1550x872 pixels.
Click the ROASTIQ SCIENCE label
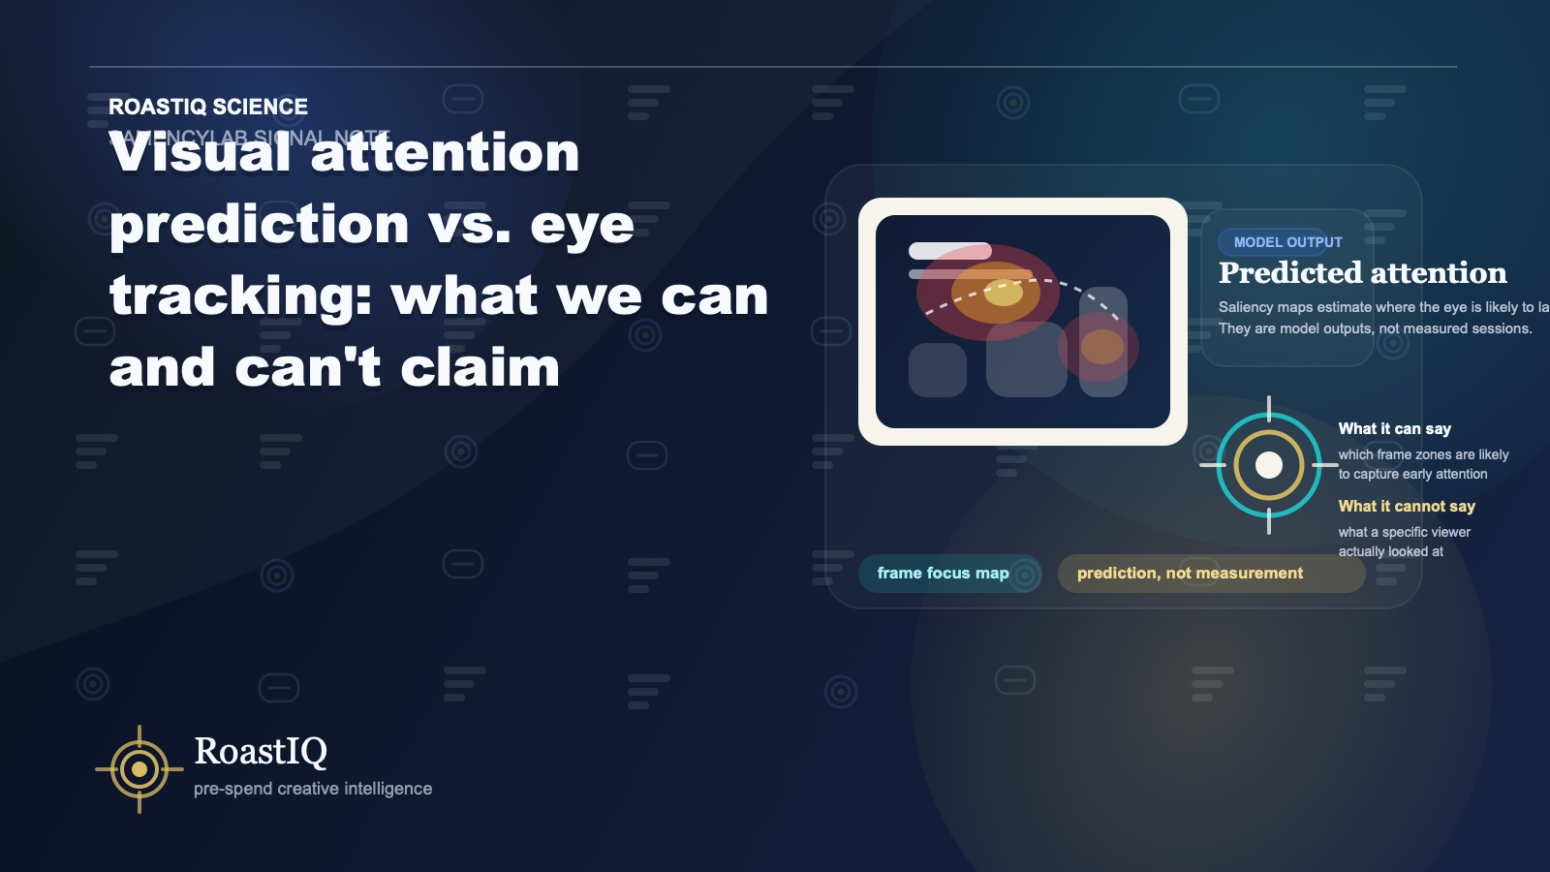(208, 107)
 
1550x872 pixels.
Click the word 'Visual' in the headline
(200, 153)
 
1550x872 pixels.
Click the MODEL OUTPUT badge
(1287, 242)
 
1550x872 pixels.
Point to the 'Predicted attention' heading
(1362, 273)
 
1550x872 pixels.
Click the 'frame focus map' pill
(943, 574)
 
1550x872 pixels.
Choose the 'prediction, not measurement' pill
(1190, 574)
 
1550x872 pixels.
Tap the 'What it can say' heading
(1394, 428)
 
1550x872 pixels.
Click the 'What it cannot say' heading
(1407, 506)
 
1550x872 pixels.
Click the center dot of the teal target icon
(1269, 465)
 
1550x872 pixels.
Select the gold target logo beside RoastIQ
(139, 769)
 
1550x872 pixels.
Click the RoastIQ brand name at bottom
(261, 751)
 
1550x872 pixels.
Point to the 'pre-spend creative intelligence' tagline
(313, 789)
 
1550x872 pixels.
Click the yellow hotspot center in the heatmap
(1003, 293)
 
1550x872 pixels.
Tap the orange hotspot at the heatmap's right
(1101, 346)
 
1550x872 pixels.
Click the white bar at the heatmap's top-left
(949, 251)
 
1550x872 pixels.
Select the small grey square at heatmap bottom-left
(937, 370)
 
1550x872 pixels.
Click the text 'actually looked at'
(1390, 551)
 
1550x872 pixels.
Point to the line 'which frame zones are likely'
(1423, 454)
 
